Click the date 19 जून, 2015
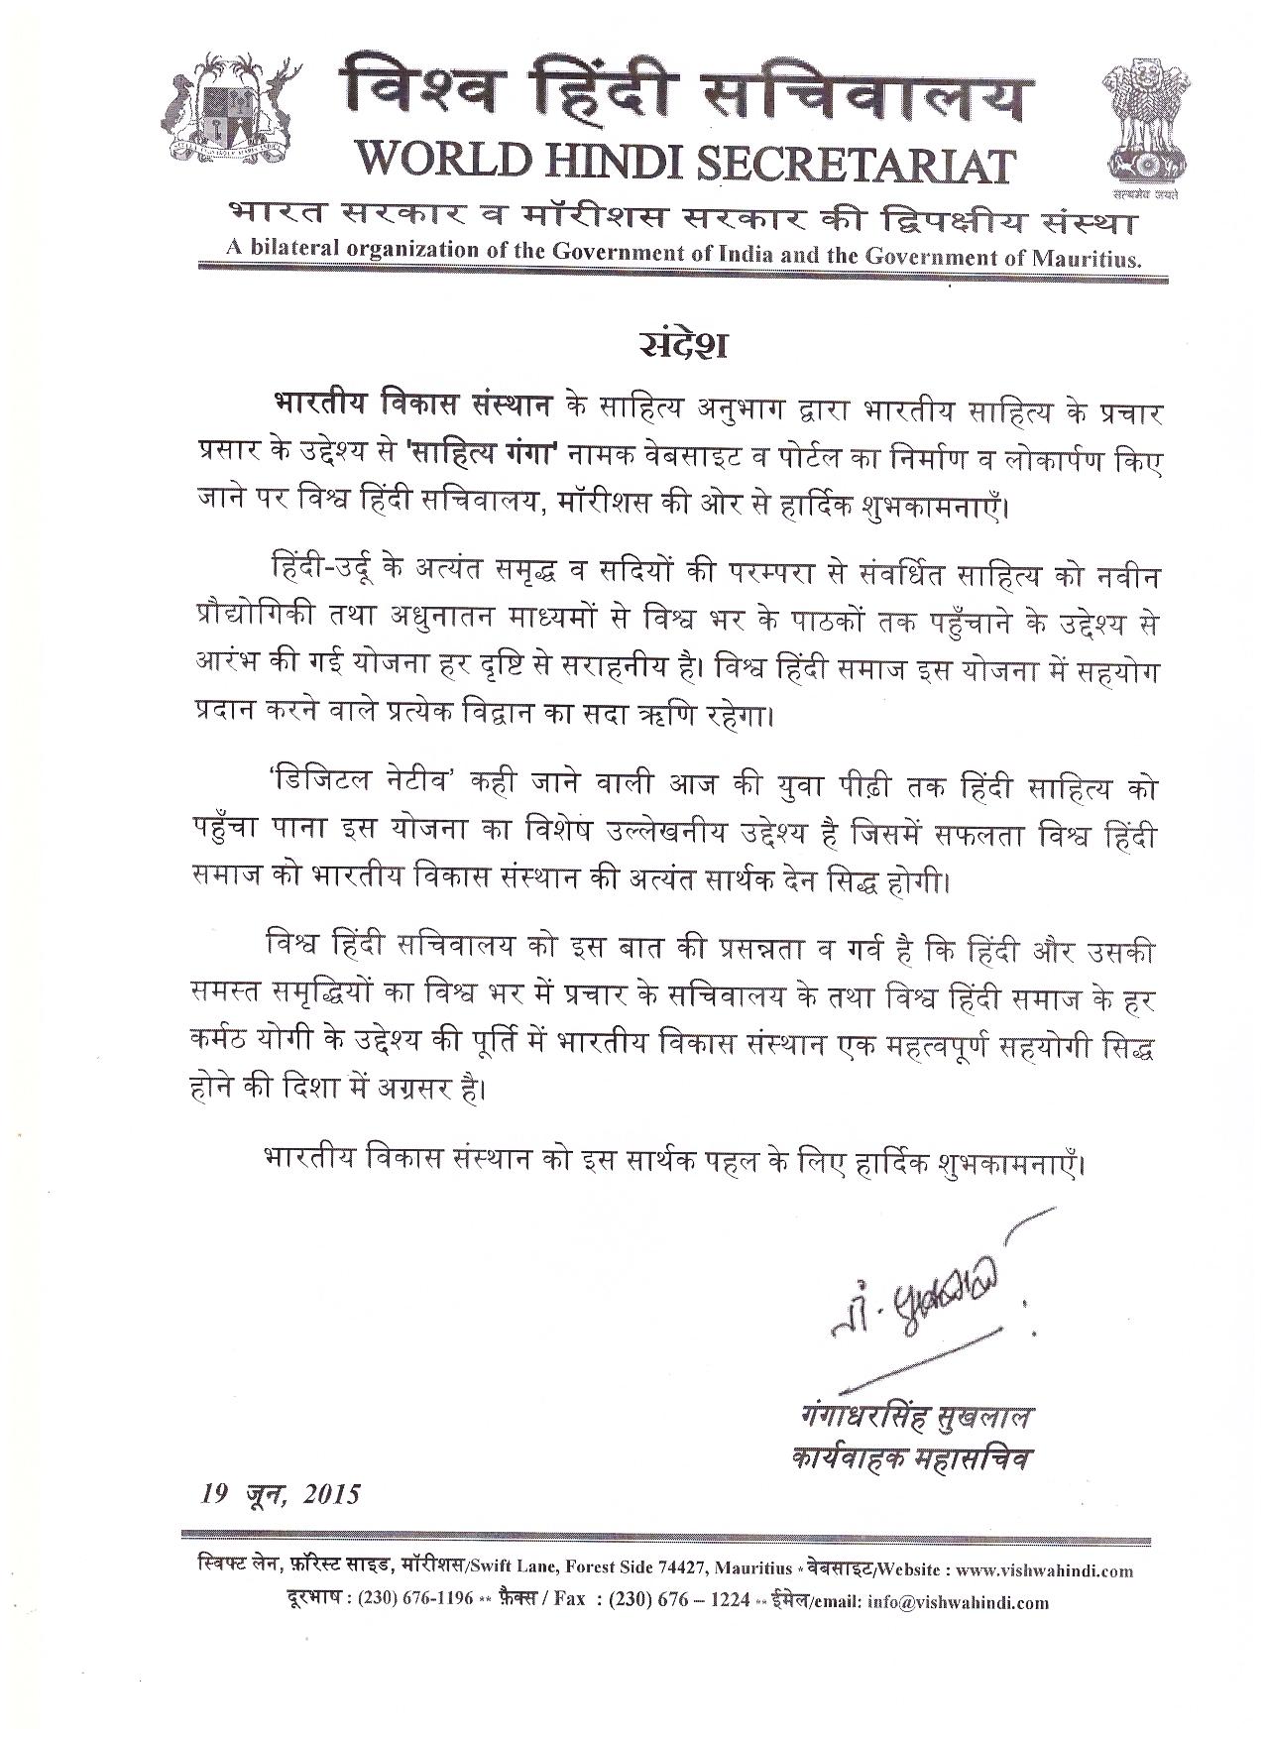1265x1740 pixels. [277, 1493]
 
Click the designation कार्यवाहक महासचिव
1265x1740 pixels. [910, 1459]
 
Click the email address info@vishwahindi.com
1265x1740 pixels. [958, 1601]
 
